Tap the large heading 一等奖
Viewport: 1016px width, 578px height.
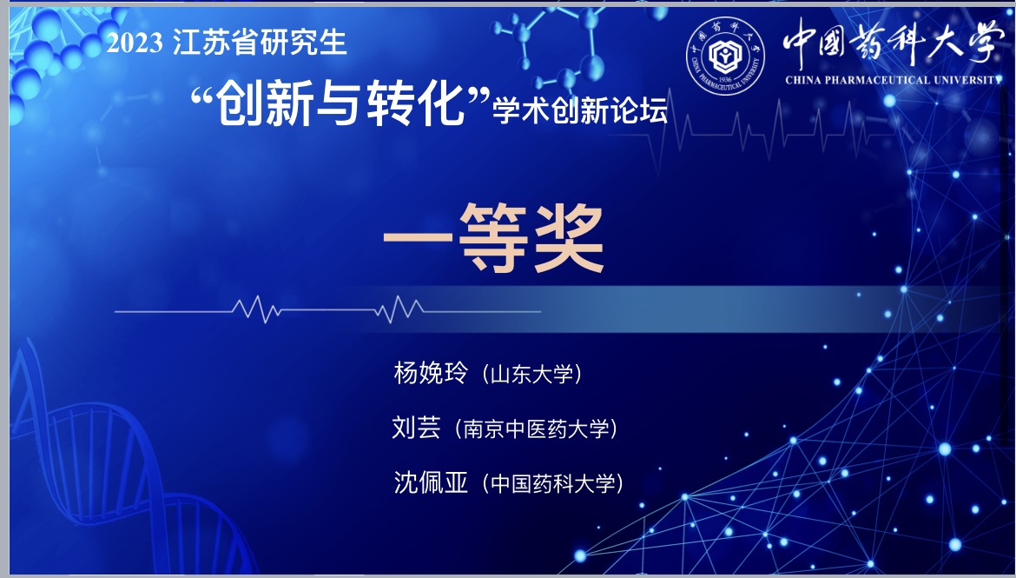pyautogui.click(x=494, y=237)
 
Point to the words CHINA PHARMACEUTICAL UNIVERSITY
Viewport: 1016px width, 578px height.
pyautogui.click(x=893, y=81)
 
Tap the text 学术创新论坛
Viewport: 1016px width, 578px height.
pyautogui.click(x=580, y=110)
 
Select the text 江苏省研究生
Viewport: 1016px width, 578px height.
pyautogui.click(x=260, y=43)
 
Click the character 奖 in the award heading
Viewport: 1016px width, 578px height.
pyautogui.click(x=568, y=237)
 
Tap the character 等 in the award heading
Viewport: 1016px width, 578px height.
pyautogui.click(x=493, y=237)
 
